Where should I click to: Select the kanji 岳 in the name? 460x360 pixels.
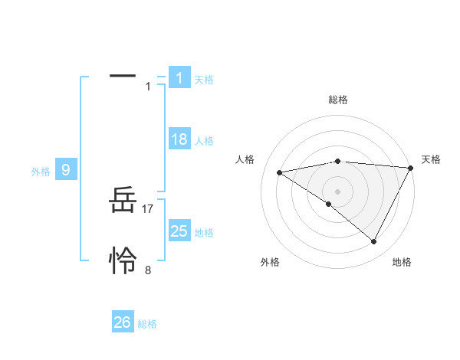coord(123,203)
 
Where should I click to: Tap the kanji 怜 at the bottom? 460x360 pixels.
coord(123,262)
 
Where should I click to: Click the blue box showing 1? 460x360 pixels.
coord(179,77)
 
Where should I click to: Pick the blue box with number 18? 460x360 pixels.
coord(179,139)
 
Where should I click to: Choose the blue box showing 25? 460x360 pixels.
coord(179,231)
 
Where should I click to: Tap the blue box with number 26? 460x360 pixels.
coord(123,322)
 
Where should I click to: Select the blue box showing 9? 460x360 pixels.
coord(66,170)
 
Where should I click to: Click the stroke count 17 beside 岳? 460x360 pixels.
coord(148,208)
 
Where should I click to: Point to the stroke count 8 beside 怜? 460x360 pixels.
coord(148,270)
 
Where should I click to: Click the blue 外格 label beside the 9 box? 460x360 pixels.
coord(41,172)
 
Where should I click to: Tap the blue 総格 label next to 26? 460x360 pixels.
coord(147,324)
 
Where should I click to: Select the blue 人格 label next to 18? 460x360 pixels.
coord(204,141)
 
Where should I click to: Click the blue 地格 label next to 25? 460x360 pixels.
coord(204,233)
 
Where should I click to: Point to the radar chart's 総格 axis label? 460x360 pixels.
coord(337,100)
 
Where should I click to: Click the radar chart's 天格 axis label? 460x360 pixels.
coord(431,159)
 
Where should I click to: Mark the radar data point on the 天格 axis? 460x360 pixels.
coord(410,168)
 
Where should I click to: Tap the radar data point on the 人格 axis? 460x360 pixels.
coord(279,172)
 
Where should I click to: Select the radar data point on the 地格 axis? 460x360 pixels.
coord(374,242)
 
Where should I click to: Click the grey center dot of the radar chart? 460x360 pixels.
coord(337,191)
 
